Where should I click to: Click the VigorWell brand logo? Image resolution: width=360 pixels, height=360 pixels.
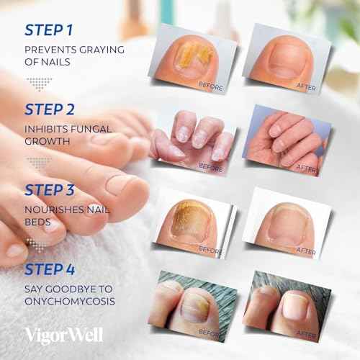63,335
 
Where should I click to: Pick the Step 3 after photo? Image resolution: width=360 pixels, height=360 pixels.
286,220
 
